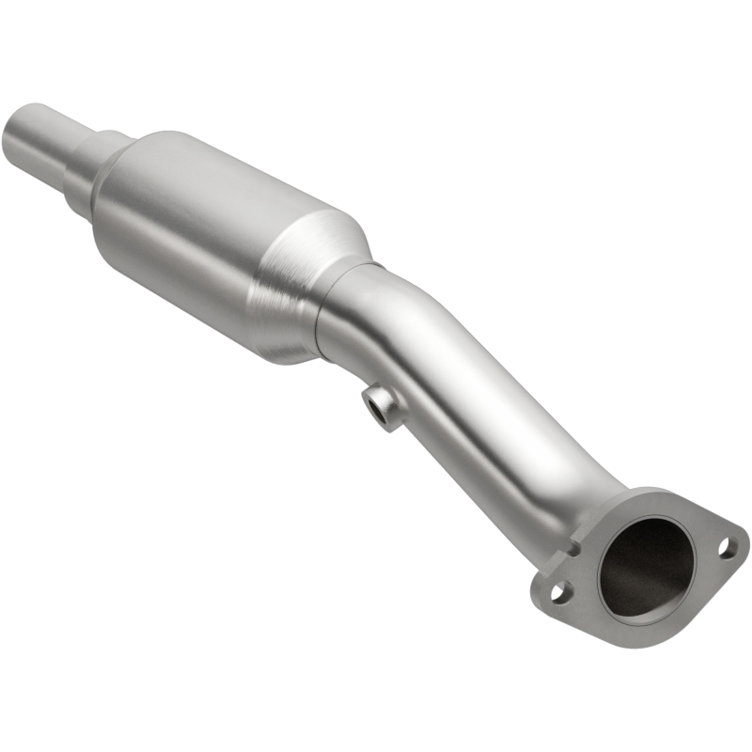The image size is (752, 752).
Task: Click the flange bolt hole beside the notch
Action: pyautogui.click(x=559, y=591)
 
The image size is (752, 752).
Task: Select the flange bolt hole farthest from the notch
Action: pyautogui.click(x=727, y=545)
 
